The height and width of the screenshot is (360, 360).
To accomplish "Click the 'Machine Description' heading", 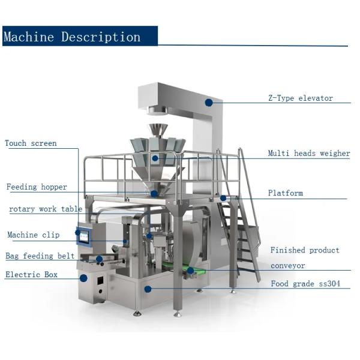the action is [x=72, y=37].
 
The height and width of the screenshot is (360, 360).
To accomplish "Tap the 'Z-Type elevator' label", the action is [x=300, y=98].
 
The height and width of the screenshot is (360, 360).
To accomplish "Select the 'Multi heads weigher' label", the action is [x=308, y=154].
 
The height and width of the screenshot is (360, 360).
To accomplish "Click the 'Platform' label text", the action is [x=285, y=193].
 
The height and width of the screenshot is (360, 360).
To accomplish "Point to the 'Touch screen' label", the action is [x=31, y=143].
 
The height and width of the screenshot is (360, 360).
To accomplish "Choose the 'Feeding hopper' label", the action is [x=37, y=187].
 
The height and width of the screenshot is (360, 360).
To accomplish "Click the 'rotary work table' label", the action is [x=46, y=209].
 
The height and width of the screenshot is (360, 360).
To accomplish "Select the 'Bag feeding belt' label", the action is [x=40, y=256].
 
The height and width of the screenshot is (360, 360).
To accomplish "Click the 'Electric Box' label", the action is [x=31, y=275].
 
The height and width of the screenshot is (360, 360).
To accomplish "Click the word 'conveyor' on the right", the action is [x=287, y=265].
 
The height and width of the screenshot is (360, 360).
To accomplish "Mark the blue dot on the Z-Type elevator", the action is [x=209, y=103].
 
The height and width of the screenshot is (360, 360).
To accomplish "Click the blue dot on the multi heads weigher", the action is [x=155, y=158].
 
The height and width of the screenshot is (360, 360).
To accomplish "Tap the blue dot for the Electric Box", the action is [x=83, y=278].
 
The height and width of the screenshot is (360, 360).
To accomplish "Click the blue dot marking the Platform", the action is [x=223, y=197].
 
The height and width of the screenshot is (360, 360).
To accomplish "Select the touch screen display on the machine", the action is [x=84, y=236].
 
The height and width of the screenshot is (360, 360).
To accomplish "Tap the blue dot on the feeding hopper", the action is [x=154, y=193].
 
